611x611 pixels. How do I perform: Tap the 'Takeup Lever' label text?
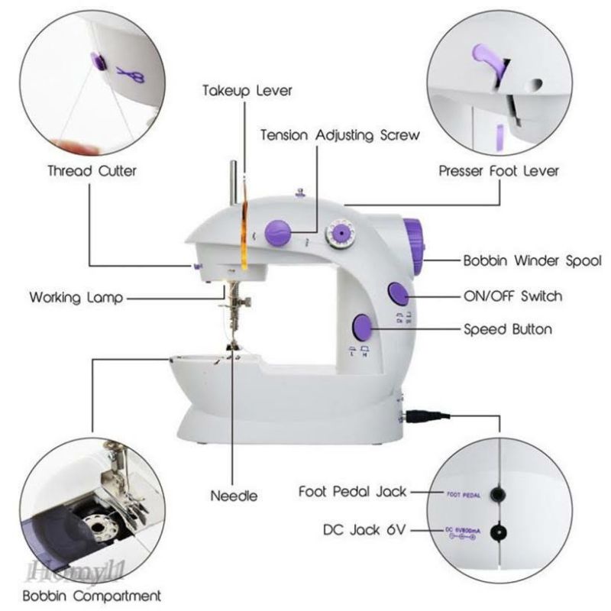point(247,91)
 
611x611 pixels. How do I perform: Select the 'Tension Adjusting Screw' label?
point(340,135)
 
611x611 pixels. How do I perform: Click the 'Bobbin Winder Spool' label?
point(532,260)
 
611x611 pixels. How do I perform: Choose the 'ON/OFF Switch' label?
point(512,296)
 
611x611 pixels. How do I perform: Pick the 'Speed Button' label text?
point(507,330)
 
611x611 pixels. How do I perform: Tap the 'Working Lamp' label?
point(75,298)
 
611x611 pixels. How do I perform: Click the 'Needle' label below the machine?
point(234,496)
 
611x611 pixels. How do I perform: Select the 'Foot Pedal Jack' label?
point(352,492)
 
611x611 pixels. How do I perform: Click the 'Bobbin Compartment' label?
point(91,595)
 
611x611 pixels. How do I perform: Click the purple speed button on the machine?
point(363,328)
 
